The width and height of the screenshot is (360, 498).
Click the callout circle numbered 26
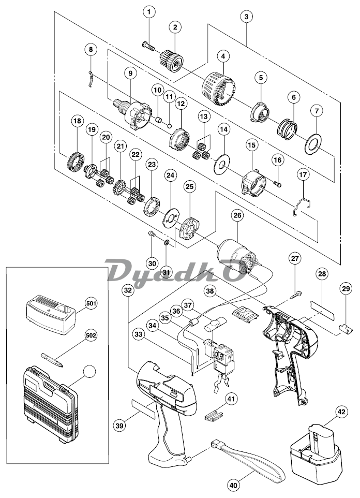point(237,216)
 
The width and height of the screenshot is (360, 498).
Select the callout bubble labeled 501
point(91,303)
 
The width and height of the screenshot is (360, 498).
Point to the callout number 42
point(341,412)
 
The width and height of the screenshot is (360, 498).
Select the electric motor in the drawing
point(236,257)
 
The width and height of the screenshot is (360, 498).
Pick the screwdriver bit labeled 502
point(52,359)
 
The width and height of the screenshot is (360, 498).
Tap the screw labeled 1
point(148,46)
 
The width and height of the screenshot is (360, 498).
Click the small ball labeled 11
point(170,125)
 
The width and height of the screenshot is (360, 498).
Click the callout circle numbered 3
point(246,17)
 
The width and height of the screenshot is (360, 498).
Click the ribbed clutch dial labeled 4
point(219,89)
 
